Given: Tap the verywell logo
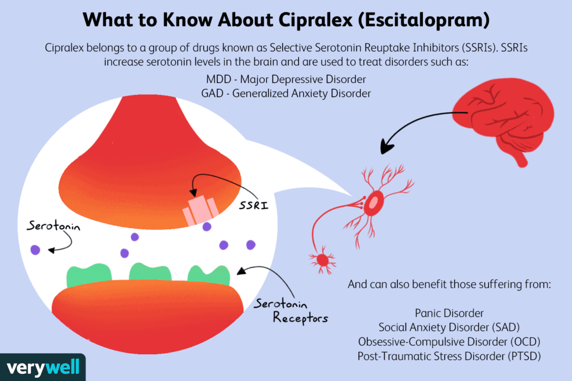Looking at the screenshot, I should point(43,368).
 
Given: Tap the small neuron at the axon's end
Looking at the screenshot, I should point(322,259).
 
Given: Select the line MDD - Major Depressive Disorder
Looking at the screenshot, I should point(286,79).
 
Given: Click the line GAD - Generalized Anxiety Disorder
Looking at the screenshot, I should point(286,93).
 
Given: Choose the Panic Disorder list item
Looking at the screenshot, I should point(449,314).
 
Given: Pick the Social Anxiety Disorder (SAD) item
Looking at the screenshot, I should point(449,327).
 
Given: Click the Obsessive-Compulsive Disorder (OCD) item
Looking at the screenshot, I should point(449,341).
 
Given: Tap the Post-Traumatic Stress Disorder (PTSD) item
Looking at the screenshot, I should point(449,355).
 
